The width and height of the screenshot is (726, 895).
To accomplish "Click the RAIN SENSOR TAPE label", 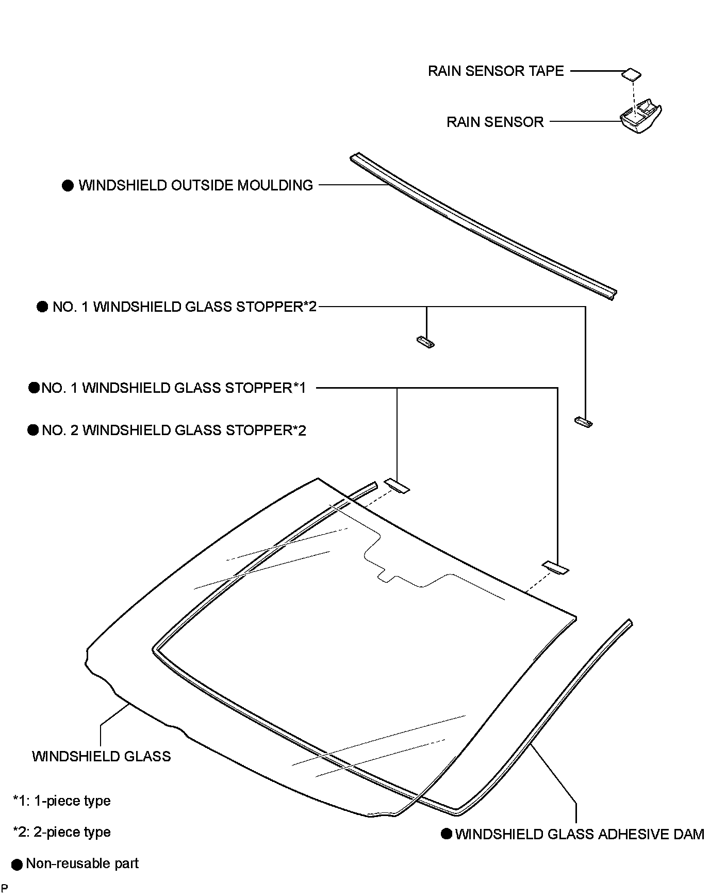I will (x=496, y=71).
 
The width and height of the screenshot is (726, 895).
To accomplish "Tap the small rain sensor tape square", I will (x=632, y=74).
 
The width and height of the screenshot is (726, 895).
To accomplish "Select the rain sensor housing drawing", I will (x=640, y=118).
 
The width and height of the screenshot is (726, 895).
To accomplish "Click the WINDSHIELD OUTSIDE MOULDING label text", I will (x=195, y=185).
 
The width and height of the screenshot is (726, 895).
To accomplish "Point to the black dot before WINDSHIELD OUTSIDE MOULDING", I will (x=68, y=186).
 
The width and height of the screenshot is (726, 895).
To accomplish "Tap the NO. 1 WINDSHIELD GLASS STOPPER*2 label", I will (x=185, y=307).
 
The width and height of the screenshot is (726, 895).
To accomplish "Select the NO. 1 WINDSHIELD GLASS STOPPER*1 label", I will (x=174, y=388).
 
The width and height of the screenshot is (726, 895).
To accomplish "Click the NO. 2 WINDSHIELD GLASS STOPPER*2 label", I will (x=174, y=430).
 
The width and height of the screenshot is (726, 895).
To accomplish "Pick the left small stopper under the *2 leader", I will (x=425, y=341).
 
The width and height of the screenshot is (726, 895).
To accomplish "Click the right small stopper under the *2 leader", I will (x=583, y=422).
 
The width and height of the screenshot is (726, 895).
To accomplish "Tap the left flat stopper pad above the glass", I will (x=397, y=486).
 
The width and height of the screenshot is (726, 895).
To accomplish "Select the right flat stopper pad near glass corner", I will (x=556, y=567).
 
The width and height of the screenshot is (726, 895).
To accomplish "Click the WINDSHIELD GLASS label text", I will (x=101, y=756).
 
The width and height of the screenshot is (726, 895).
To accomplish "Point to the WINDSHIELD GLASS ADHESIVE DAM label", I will (x=580, y=834).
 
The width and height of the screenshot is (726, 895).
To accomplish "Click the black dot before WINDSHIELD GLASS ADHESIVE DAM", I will (x=447, y=834).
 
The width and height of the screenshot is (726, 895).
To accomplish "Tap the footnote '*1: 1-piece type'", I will (x=61, y=801).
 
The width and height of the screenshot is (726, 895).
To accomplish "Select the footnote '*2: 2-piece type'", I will (x=61, y=832).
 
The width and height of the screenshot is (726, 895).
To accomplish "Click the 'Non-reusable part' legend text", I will (x=82, y=864).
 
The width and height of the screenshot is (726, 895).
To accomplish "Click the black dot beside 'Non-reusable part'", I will (x=18, y=865).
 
